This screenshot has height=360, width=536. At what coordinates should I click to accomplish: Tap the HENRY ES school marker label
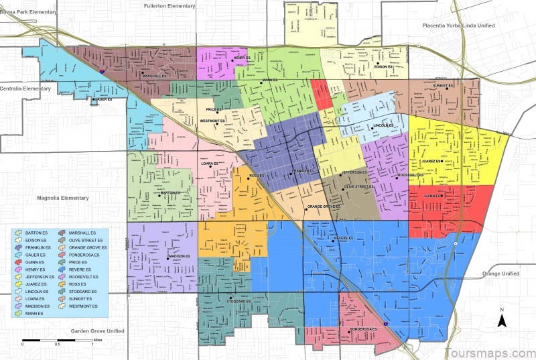242,59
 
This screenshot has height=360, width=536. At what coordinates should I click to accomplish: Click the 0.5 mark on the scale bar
58,344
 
